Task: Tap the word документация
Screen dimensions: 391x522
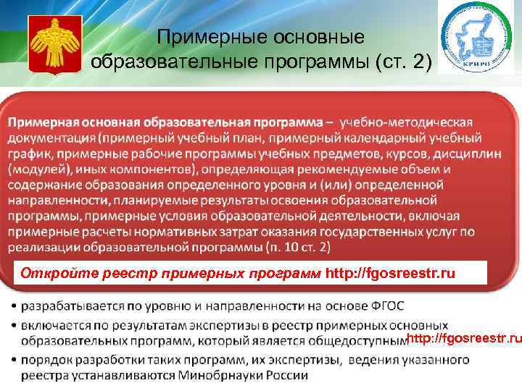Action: click(x=53, y=138)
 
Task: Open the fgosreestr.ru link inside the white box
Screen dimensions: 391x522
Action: click(x=391, y=274)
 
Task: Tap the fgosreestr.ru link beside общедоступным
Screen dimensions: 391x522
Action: click(x=465, y=340)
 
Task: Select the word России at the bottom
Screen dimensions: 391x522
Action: click(x=286, y=375)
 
